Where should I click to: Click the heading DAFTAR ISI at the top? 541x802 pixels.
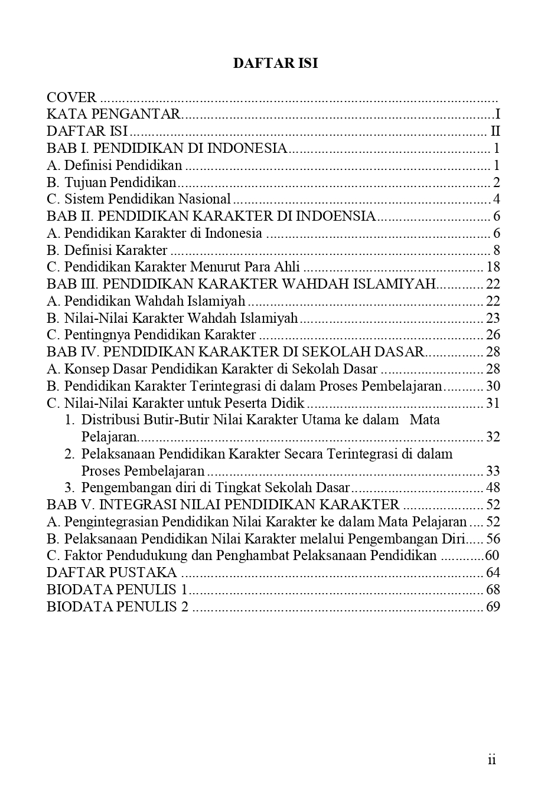275,63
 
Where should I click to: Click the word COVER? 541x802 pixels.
71,97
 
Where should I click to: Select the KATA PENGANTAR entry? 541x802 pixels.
113,114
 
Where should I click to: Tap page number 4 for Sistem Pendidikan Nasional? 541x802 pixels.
497,199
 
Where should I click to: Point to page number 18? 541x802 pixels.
493,267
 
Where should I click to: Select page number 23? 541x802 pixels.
493,319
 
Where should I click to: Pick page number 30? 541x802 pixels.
493,387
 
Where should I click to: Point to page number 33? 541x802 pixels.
493,472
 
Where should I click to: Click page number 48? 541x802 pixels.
493,488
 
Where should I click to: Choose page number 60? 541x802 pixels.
492,556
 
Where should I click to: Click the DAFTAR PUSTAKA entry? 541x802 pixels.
112,573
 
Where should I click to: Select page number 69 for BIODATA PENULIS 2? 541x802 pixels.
493,607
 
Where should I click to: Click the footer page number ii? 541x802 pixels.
492,760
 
